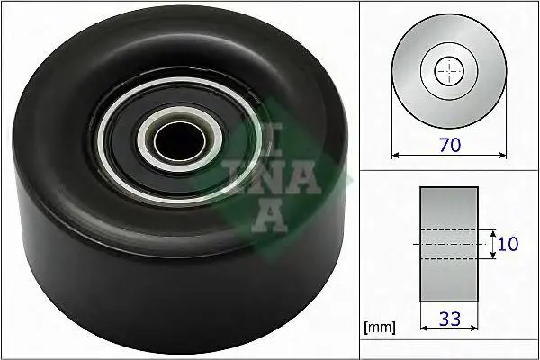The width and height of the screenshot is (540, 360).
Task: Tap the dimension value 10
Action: [x=508, y=243]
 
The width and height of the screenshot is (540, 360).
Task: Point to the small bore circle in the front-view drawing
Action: [x=447, y=71]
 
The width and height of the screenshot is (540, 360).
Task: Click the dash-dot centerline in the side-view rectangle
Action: [x=448, y=244]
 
